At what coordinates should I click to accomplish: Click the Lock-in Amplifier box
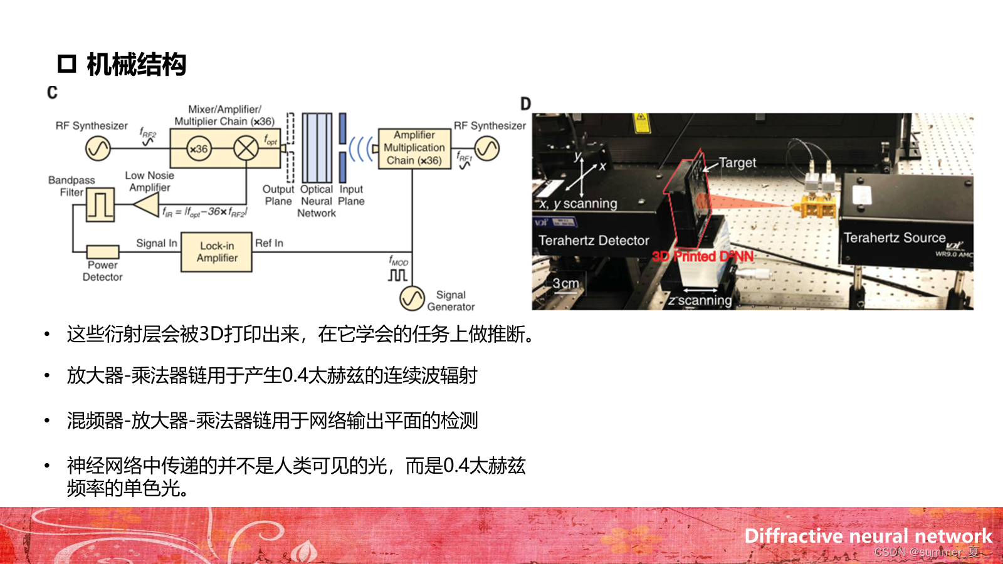coord(216,252)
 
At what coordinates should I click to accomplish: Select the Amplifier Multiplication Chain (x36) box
coord(414,148)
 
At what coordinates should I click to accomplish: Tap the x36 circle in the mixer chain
coord(199,149)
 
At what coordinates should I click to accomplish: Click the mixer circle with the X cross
coord(246,149)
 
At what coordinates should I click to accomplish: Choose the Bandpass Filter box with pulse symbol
coord(100,204)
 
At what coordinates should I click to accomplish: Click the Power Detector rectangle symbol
coord(103,251)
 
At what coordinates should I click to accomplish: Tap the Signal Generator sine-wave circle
coord(412,298)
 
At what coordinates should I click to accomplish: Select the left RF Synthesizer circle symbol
coord(98,149)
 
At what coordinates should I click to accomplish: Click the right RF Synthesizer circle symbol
coord(487,149)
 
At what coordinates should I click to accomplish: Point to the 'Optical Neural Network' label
coord(317,201)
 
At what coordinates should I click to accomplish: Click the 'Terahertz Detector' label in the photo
coord(594,241)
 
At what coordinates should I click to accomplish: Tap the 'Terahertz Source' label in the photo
coord(894,238)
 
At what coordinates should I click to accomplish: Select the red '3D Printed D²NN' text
coord(703,256)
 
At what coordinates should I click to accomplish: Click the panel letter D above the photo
coord(525,104)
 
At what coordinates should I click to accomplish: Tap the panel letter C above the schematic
coord(52,93)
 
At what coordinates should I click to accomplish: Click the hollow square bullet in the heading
coord(66,64)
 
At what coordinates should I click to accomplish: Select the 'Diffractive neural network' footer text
coord(868,536)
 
